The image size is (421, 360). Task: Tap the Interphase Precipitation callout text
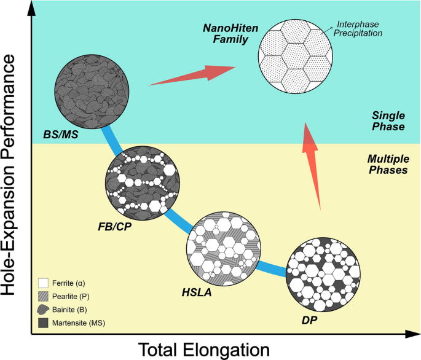[x=358, y=28]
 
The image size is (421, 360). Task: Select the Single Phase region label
[x=388, y=121]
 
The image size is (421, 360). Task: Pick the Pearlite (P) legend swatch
[x=42, y=296]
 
